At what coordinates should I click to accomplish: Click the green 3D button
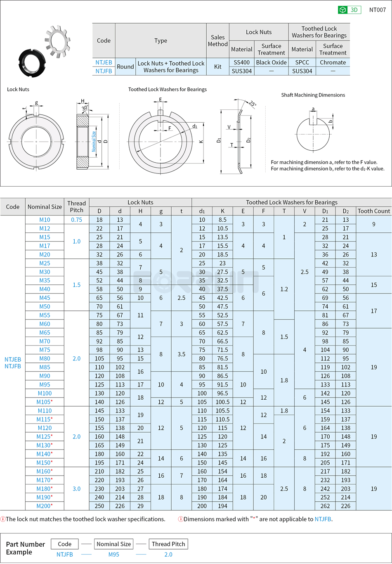coord(349,10)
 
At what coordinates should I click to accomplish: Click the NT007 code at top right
coord(377,10)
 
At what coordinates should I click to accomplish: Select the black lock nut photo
coord(31,63)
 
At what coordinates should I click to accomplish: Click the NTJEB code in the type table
coord(104,62)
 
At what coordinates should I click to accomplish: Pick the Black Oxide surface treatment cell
coord(271,62)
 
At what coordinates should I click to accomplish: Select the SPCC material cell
coord(302,62)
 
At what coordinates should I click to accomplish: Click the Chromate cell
coord(333,62)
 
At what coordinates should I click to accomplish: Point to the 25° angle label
coord(252,104)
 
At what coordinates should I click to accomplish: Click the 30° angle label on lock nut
coord(85,108)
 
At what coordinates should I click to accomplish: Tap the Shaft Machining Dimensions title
coord(313,95)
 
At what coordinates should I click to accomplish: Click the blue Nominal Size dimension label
coord(94,142)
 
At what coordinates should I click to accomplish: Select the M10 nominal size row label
coord(45,220)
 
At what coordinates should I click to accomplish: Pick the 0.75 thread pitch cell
coord(76,220)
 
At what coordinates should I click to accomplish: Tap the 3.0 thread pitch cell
coord(76,488)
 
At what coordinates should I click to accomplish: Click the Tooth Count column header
coord(373,211)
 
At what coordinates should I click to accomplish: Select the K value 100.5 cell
coord(222,402)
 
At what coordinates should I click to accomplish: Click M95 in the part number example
coord(113,555)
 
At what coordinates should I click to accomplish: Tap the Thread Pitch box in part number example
coord(168,544)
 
